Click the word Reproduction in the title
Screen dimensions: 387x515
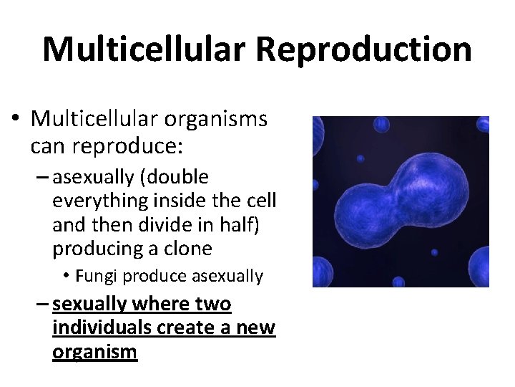click(363, 50)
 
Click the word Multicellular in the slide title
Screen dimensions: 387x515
click(143, 50)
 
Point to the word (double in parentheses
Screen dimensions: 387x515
click(176, 177)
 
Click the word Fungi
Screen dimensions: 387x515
click(95, 276)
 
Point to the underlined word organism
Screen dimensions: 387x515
click(94, 352)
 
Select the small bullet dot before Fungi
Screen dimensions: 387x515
click(65, 277)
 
